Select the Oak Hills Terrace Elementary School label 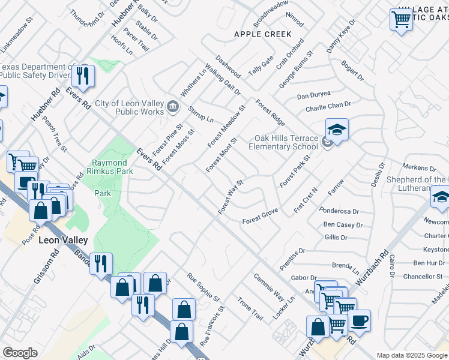click(x=283, y=142)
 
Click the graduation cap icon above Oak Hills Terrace click(x=337, y=130)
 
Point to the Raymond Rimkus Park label click(x=109, y=167)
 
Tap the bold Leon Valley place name click(x=63, y=240)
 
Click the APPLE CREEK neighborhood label click(x=262, y=34)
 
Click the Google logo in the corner click(x=20, y=353)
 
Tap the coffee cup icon click(x=359, y=320)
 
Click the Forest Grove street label click(x=260, y=217)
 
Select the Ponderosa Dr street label click(x=340, y=211)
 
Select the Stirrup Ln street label click(x=200, y=113)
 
